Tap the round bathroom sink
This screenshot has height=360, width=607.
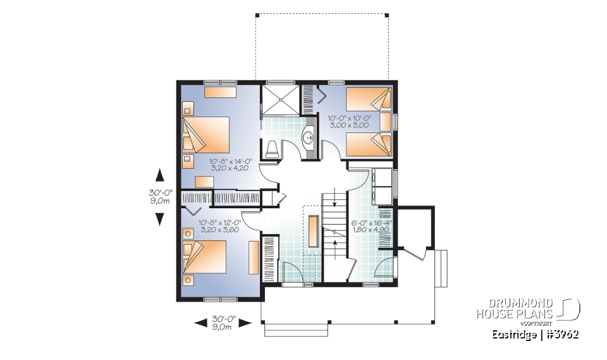(309, 137)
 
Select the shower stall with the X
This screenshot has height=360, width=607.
(278, 99)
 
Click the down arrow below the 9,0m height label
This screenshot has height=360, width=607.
(160, 219)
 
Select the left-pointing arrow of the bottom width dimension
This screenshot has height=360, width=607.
(200, 323)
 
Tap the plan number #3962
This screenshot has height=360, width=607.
(563, 333)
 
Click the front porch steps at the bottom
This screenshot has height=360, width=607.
(297, 330)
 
